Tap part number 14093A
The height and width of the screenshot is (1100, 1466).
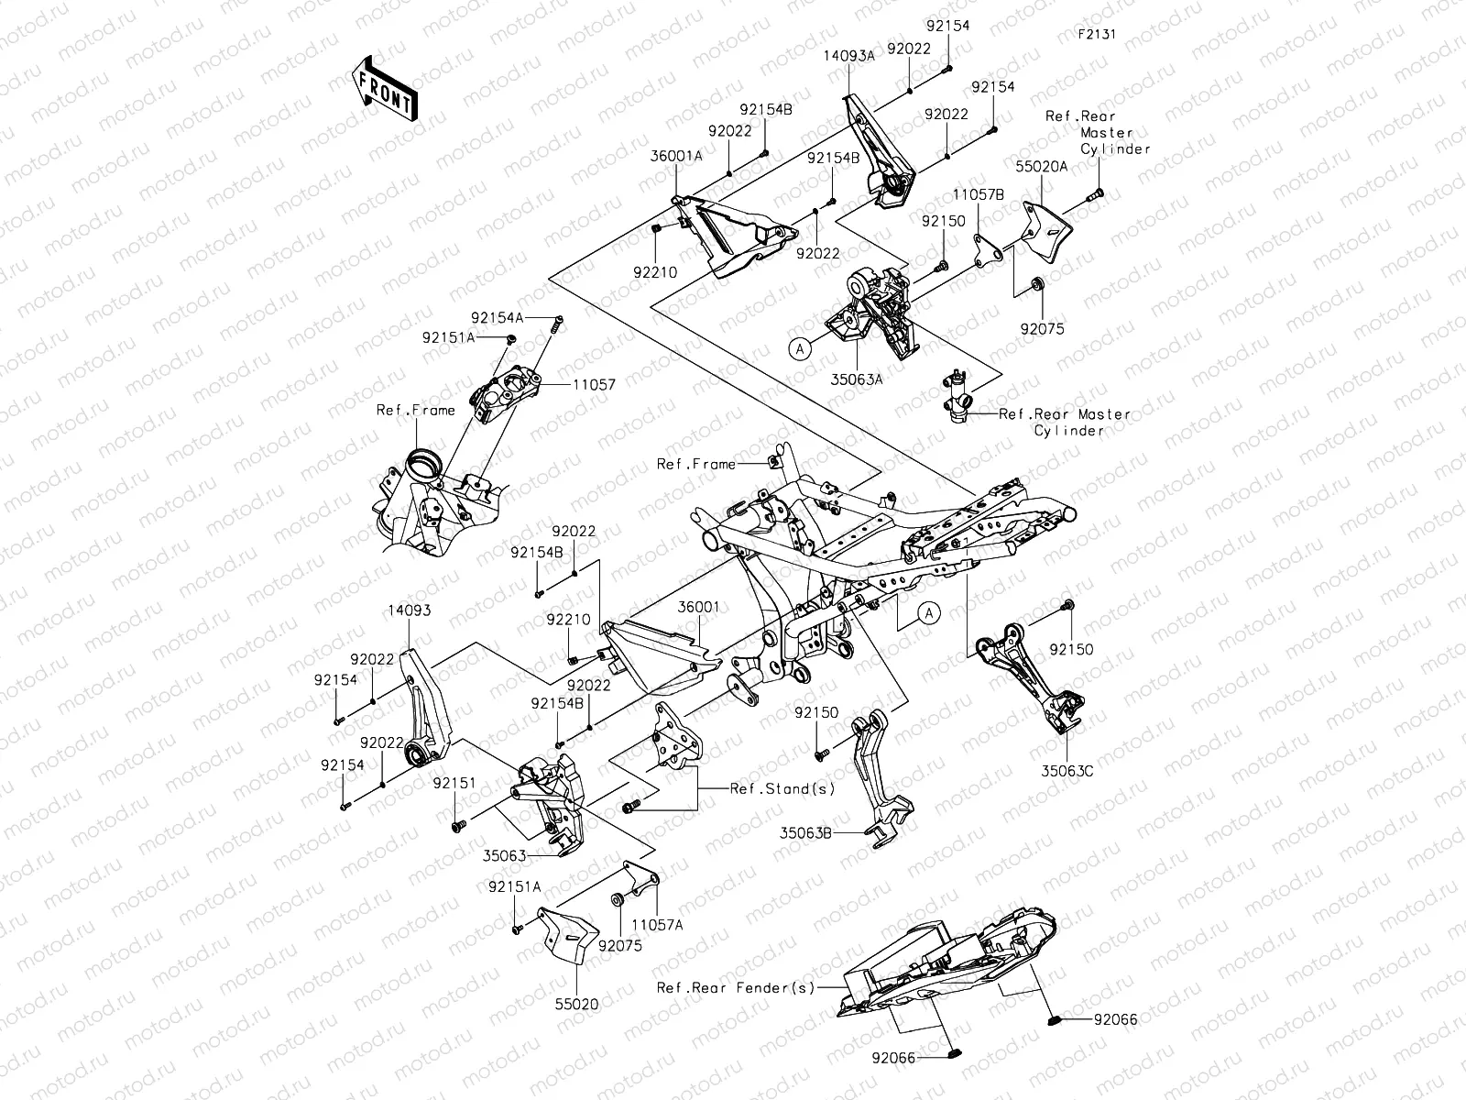click(x=848, y=55)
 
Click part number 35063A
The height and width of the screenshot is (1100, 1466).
click(x=858, y=375)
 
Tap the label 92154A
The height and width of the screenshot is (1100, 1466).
click(x=497, y=317)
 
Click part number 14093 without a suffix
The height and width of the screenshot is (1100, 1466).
click(x=409, y=610)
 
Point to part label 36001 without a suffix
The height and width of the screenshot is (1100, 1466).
click(x=698, y=607)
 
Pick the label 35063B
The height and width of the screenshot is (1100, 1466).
click(x=805, y=833)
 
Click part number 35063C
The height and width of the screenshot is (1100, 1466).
click(x=1067, y=772)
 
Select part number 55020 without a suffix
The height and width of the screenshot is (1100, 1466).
click(x=576, y=1005)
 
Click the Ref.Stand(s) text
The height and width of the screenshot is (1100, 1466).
click(x=770, y=788)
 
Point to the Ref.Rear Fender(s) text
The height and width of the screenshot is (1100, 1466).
click(x=735, y=987)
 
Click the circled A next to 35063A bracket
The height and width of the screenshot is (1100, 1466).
click(x=799, y=348)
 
